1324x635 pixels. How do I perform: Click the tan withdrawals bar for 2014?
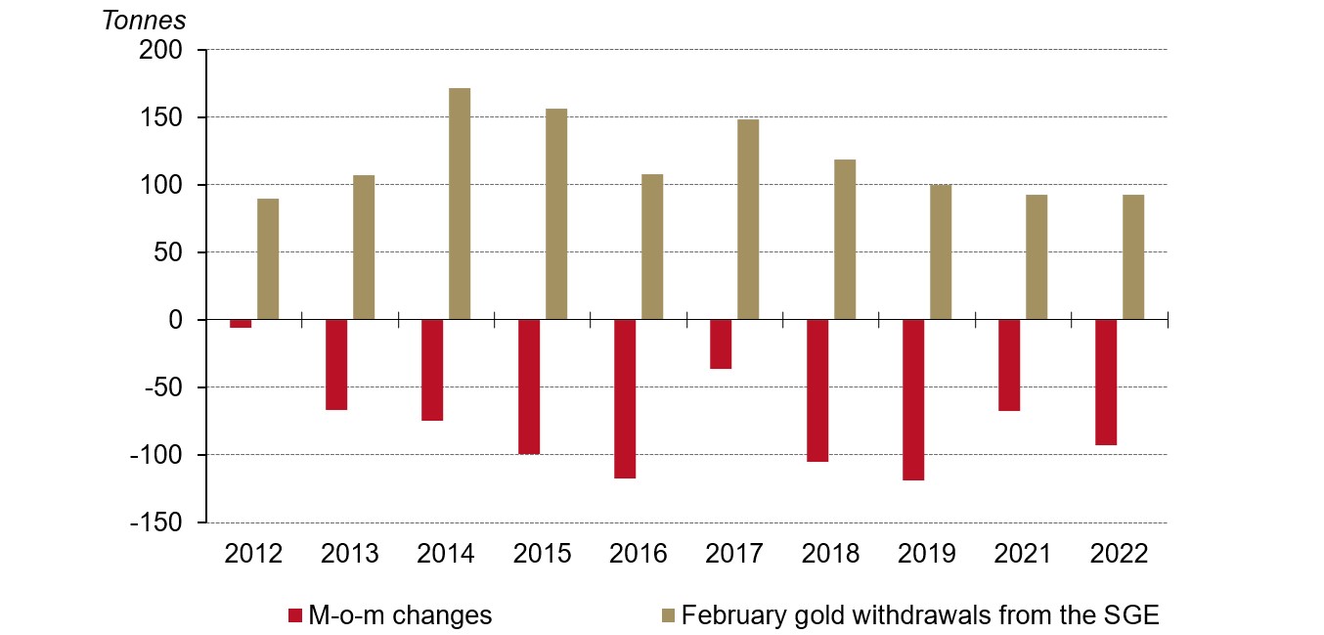[460, 204]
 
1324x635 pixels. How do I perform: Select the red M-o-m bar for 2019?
[913, 399]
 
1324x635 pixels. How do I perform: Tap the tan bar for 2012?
[268, 258]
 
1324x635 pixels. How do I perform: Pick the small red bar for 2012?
[241, 324]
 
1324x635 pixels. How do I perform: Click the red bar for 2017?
[721, 343]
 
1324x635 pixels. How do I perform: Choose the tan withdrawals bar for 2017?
[748, 219]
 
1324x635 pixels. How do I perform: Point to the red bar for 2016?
[625, 398]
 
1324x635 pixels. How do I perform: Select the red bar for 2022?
[1106, 382]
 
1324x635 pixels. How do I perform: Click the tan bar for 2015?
[556, 213]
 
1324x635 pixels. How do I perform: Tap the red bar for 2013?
[336, 364]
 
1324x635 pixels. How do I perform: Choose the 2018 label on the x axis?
[830, 554]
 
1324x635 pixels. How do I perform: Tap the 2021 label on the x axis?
[1023, 554]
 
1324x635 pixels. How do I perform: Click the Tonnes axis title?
[144, 19]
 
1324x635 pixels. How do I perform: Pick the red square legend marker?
[294, 615]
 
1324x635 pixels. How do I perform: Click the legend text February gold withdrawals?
[919, 615]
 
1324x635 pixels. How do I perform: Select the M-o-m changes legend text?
[399, 615]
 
